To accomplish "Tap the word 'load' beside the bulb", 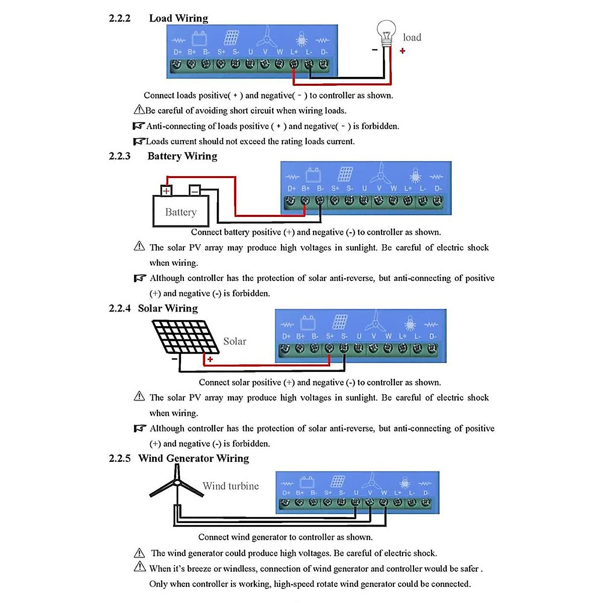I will tap(412, 38).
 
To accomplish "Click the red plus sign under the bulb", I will tap(403, 51).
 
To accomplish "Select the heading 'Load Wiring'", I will tap(178, 19).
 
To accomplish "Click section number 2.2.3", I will tap(120, 156).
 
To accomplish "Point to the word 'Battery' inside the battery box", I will tap(180, 212).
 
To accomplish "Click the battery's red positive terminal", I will tap(166, 190).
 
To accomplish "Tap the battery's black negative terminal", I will tap(195, 190).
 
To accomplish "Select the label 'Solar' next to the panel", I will tap(235, 342).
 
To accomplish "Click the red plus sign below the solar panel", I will tap(210, 359).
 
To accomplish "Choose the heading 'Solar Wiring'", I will tap(168, 309).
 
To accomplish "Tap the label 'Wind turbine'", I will tap(231, 486).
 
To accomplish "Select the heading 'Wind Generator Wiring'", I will tap(193, 458).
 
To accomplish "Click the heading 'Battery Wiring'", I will tap(182, 156).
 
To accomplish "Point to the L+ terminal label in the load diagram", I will tap(294, 52).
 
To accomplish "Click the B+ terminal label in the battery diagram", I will tap(306, 188).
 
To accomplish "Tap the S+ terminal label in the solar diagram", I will tap(330, 336).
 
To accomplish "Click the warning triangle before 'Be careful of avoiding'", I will tap(139, 110).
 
